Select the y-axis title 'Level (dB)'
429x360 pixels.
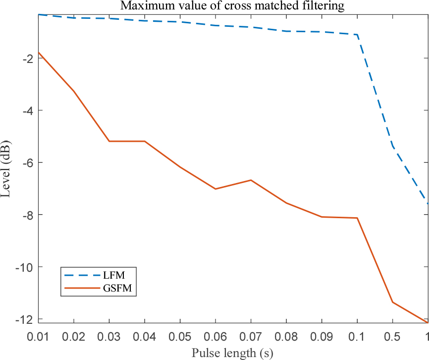click(6, 168)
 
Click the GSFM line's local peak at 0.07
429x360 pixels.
click(251, 180)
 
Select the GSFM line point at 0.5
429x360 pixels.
click(392, 302)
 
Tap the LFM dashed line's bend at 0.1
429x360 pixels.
click(357, 35)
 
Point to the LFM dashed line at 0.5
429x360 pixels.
click(392, 146)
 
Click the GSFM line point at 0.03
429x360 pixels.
click(109, 141)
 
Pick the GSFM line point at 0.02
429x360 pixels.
click(74, 91)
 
